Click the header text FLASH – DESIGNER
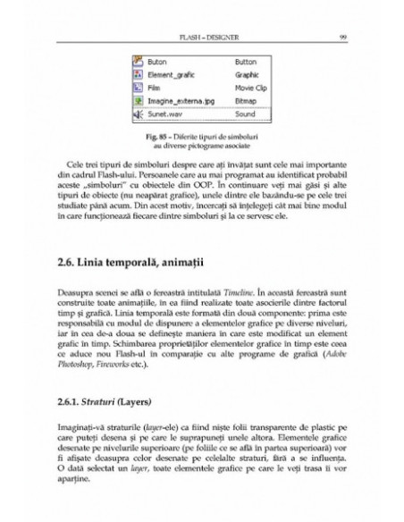pos(202,38)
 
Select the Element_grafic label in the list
pos(171,76)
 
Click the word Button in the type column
pos(245,63)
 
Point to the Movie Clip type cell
pos(250,88)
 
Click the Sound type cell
pos(244,115)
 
